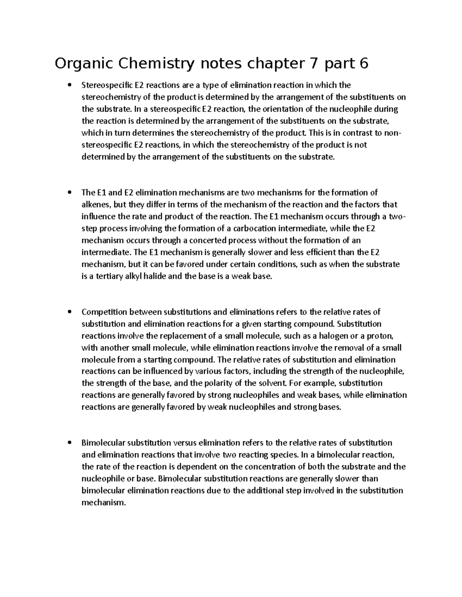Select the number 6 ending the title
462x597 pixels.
(x=363, y=63)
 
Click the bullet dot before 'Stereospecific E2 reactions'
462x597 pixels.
(x=70, y=85)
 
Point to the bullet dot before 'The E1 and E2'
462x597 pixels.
(x=70, y=193)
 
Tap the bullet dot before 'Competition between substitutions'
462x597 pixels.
(x=70, y=312)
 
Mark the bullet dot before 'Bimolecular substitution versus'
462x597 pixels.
(x=70, y=443)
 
